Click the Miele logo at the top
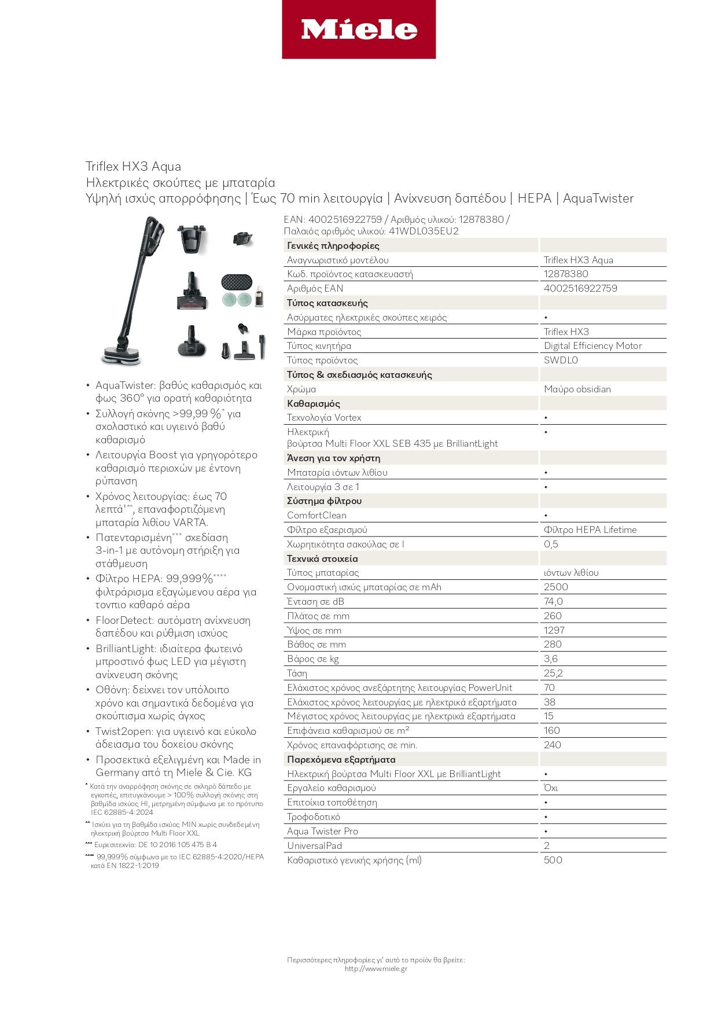[x=359, y=30]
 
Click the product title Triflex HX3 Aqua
[x=133, y=167]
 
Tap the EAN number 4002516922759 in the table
[x=580, y=288]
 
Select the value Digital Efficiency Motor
[x=592, y=345]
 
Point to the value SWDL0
[x=561, y=360]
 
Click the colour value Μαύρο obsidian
[x=577, y=389]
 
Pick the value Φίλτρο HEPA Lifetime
[x=590, y=529]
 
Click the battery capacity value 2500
[x=555, y=587]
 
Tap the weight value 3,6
[x=551, y=659]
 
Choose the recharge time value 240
[x=552, y=745]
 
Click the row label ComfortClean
[x=316, y=515]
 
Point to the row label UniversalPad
[x=314, y=845]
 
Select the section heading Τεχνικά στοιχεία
[x=322, y=558]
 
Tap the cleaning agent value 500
[x=553, y=860]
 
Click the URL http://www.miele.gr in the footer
[x=375, y=969]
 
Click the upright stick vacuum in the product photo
[x=133, y=289]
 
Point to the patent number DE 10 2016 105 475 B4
[x=177, y=845]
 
